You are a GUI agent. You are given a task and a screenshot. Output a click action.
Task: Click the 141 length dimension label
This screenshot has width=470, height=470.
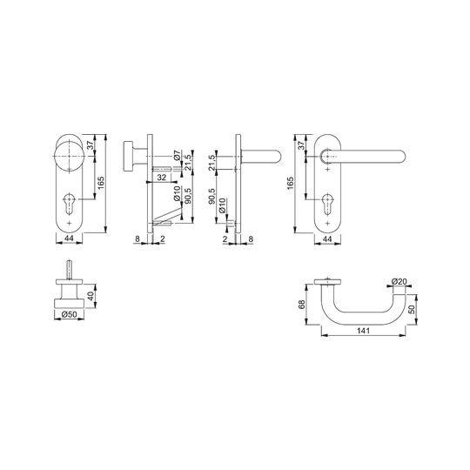pos(363,331)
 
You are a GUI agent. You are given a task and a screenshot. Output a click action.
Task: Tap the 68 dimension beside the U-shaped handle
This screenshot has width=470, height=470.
pos(302,305)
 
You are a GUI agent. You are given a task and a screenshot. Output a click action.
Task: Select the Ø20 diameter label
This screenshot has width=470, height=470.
pos(399,281)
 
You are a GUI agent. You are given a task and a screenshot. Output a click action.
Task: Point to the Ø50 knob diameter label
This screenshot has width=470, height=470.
pos(70,314)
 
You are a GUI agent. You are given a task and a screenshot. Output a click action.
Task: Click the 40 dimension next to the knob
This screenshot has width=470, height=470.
pos(91,297)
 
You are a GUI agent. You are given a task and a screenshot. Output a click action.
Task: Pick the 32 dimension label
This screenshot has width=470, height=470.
pos(162,178)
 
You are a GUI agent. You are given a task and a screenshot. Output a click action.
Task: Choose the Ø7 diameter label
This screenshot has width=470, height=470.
pos(177,156)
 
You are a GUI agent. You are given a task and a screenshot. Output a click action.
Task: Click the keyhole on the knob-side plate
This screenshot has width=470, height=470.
pos(70,204)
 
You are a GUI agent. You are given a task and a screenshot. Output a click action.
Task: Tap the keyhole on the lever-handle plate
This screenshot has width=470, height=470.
pos(327,204)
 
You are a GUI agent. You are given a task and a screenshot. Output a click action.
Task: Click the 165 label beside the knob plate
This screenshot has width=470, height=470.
pos(101,183)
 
